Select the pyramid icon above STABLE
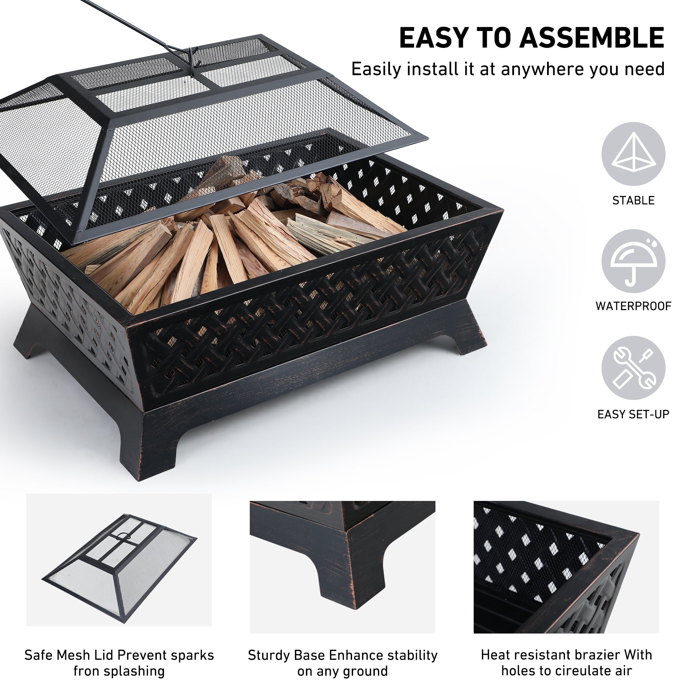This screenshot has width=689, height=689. [x=634, y=153]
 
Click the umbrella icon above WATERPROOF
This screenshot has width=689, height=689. [x=634, y=262]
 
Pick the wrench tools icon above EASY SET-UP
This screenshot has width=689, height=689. [x=634, y=368]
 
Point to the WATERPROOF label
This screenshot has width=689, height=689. [x=634, y=306]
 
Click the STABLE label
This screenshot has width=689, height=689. [x=634, y=200]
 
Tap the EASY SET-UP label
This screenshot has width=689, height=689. [x=634, y=414]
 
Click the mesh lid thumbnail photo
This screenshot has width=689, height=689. [x=119, y=560]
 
